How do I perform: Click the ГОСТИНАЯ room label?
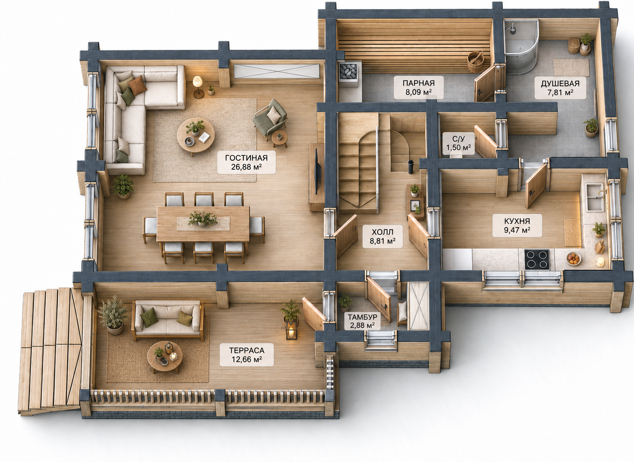click(x=246, y=162)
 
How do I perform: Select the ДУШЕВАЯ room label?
click(x=560, y=88)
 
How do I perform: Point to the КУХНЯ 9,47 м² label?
click(x=517, y=225)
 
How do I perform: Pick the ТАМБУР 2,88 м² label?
click(x=362, y=320)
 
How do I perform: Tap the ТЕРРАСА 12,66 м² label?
click(x=247, y=354)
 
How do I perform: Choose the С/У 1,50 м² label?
click(x=458, y=143)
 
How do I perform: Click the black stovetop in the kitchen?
click(x=537, y=259)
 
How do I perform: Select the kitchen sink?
click(x=595, y=197)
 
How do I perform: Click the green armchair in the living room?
click(x=270, y=118)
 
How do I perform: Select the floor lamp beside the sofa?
click(x=198, y=85)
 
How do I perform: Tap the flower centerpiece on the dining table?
click(x=202, y=219)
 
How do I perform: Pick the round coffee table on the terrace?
click(x=165, y=357)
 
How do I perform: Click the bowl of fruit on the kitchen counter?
click(x=574, y=259)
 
